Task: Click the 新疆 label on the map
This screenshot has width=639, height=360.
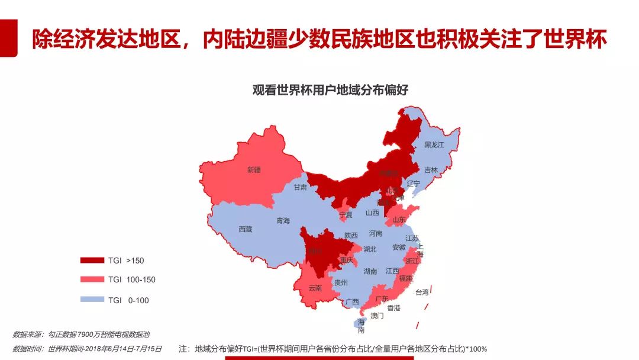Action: (254, 170)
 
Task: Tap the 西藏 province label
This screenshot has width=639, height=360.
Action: (245, 229)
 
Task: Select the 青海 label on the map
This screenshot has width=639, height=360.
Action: (283, 221)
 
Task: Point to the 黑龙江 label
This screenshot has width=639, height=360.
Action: (434, 145)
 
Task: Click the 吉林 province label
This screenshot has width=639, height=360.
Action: (431, 170)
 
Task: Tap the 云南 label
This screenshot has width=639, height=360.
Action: (315, 288)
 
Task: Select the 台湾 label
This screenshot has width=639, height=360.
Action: (422, 292)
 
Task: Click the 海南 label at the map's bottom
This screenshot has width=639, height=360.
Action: (361, 326)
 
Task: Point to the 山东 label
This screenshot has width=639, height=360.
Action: (399, 220)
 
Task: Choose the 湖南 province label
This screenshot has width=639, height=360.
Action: (370, 272)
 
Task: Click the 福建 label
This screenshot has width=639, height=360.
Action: (405, 278)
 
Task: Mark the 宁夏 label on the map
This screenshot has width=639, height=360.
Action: (346, 215)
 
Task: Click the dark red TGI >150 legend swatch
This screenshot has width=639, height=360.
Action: (92, 260)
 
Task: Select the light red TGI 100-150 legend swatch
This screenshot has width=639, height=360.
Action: (92, 279)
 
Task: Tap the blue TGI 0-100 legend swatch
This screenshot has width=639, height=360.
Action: (92, 300)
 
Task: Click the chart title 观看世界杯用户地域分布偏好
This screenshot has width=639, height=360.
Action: (331, 90)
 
